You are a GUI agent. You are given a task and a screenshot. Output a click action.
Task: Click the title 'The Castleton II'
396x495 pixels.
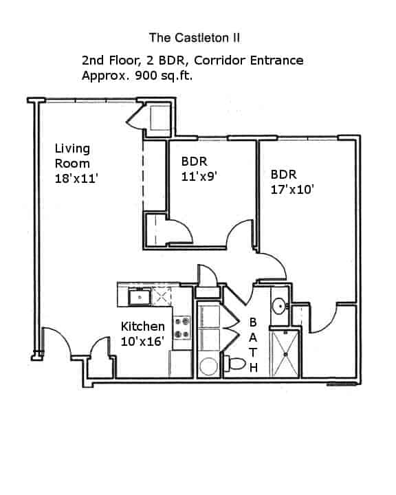[x=195, y=36]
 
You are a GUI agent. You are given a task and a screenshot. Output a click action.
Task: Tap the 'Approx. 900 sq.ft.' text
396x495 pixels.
[x=137, y=76]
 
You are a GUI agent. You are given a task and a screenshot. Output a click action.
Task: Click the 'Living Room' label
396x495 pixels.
[x=72, y=156]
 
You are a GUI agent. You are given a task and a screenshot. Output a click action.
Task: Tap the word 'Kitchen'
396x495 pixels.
[x=142, y=327]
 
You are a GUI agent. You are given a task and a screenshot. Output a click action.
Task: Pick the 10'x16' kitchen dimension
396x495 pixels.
[x=142, y=341]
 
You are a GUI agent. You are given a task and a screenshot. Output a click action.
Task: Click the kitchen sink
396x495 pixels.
[x=140, y=297]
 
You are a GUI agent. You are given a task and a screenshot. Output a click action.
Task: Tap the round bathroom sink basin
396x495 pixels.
[x=279, y=305]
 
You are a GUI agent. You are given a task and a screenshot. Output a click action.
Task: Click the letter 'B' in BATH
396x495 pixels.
[x=252, y=322]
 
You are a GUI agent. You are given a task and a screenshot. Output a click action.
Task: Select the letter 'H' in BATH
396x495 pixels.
[x=252, y=367]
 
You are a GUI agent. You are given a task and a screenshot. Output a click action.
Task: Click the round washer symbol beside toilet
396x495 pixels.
[x=208, y=364]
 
